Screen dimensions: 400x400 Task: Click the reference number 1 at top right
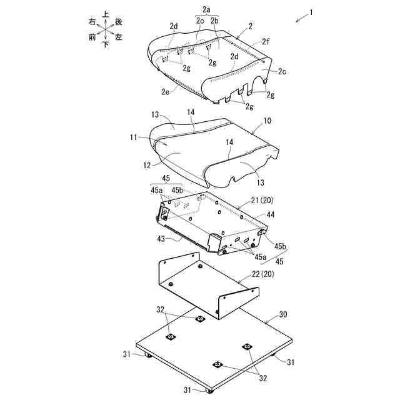(x=311, y=12)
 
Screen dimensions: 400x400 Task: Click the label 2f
(x=266, y=42)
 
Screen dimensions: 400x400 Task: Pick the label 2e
(x=166, y=92)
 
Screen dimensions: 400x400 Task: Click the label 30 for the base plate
(x=282, y=314)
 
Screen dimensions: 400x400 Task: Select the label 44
(x=270, y=214)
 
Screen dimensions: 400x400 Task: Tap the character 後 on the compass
(x=119, y=21)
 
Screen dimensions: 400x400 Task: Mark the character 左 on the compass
(x=119, y=37)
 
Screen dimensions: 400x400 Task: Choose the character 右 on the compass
(x=92, y=21)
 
